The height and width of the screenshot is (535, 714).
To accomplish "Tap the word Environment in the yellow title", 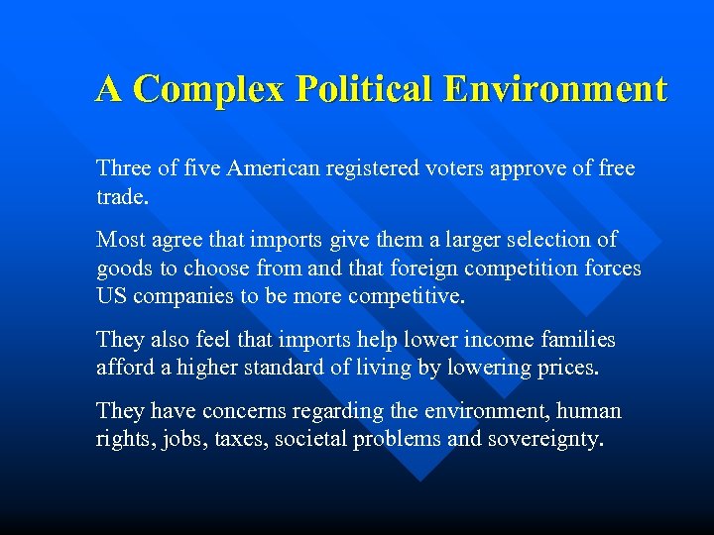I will [x=555, y=90].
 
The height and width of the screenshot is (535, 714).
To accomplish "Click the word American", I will [x=272, y=169].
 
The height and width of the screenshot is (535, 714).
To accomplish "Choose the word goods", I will [x=123, y=267].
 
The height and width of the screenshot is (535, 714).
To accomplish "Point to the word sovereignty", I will [x=546, y=438].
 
